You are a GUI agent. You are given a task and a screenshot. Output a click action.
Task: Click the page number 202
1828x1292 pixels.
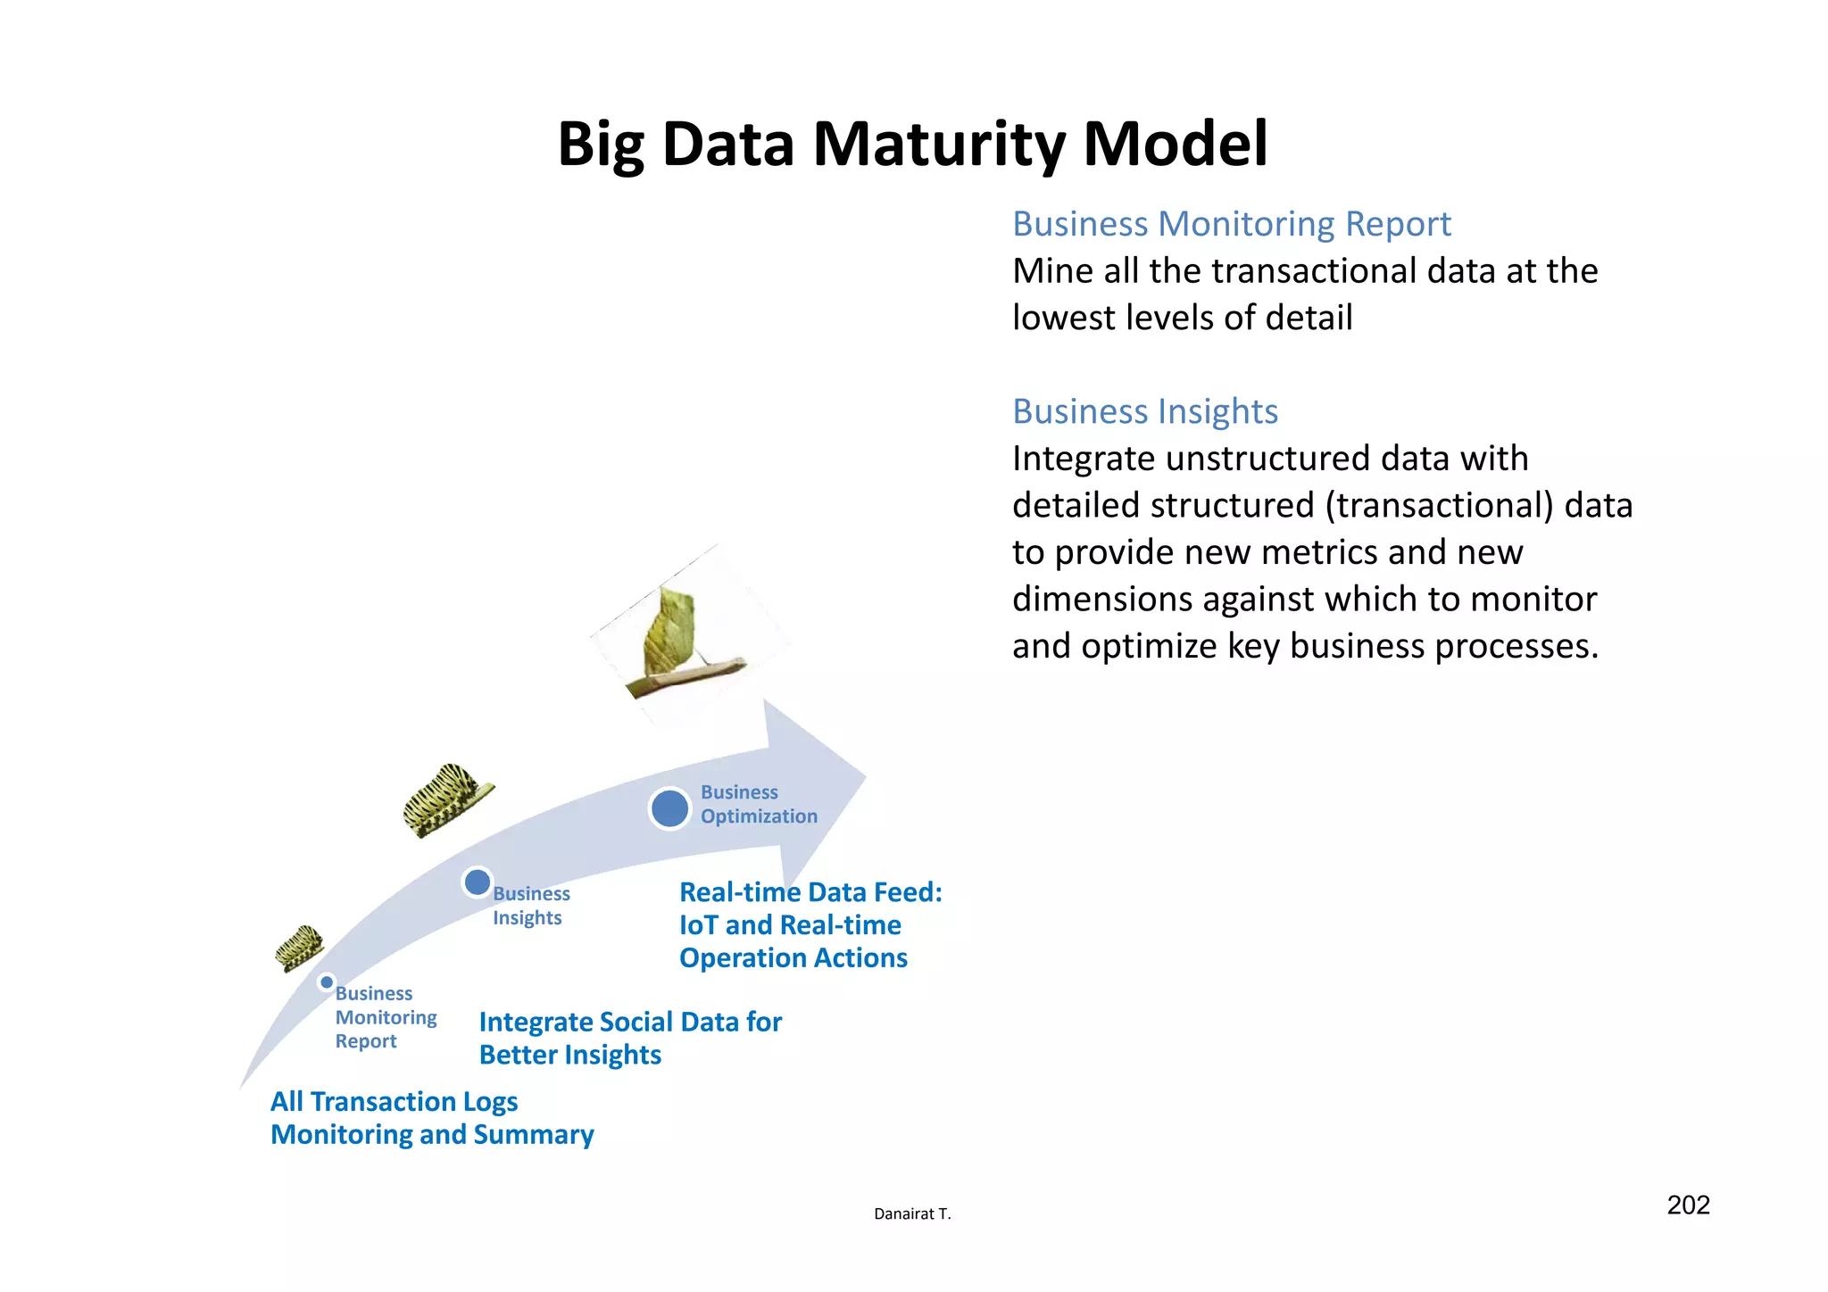tap(1688, 1205)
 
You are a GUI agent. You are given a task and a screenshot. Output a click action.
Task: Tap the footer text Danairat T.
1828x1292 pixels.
tap(912, 1213)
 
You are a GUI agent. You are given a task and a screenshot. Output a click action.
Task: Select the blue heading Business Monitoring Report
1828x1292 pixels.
tap(1231, 224)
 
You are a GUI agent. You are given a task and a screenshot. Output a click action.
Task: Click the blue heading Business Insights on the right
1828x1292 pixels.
tap(1144, 411)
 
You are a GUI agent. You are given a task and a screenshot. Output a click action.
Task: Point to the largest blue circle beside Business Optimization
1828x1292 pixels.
tap(669, 808)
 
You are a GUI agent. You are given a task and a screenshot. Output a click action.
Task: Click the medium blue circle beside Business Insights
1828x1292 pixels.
tap(478, 882)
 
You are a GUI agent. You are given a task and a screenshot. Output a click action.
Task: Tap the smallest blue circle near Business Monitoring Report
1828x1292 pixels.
tap(327, 982)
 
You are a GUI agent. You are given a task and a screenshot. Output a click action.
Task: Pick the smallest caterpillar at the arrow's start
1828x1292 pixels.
tap(298, 948)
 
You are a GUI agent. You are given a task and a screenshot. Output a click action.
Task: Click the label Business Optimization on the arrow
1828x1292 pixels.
tap(758, 804)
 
